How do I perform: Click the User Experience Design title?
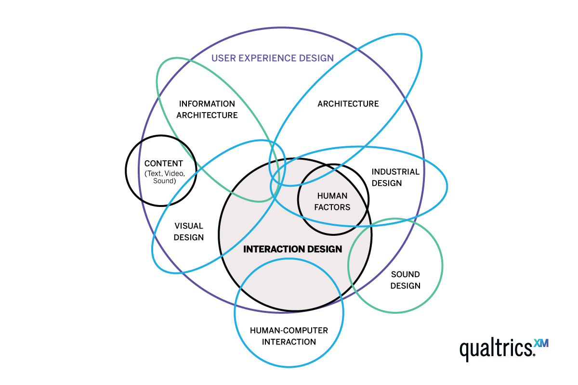[273, 58]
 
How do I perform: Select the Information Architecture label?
[207, 110]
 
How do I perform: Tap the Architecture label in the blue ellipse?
[348, 104]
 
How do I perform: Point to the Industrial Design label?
[395, 177]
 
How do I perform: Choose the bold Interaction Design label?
[293, 249]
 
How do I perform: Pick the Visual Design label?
[188, 231]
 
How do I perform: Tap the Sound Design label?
[405, 280]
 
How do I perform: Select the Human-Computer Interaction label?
[289, 336]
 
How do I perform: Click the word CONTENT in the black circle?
[164, 164]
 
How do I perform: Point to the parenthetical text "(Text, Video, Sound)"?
[164, 177]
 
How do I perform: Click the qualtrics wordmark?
[496, 348]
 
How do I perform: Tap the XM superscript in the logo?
[541, 344]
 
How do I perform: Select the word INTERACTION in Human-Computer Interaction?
[289, 342]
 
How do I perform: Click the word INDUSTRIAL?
[395, 172]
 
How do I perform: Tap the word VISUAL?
[188, 226]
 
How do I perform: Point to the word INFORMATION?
[207, 104]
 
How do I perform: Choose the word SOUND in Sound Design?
[405, 274]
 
